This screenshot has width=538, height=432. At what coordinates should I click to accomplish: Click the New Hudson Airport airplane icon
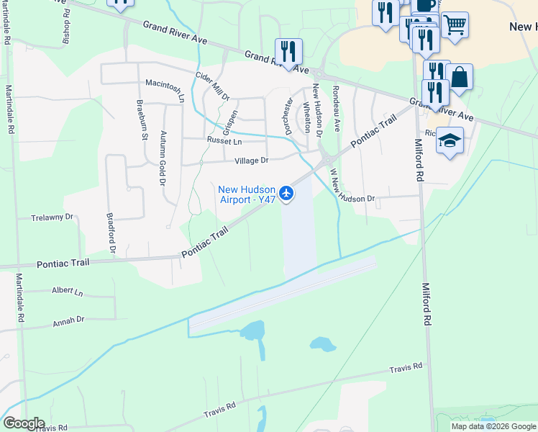click(x=286, y=192)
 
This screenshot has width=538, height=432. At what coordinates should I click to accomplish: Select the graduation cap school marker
click(x=450, y=140)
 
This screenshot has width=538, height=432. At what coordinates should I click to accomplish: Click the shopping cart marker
click(x=455, y=25)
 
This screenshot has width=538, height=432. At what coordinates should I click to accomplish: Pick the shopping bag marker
click(x=459, y=76)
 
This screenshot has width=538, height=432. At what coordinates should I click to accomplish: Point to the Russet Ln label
click(x=223, y=141)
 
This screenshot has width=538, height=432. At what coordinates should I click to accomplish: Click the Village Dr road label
click(x=251, y=161)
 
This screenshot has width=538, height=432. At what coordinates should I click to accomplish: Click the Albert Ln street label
click(x=68, y=292)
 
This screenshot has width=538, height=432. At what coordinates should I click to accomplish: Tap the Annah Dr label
click(x=68, y=320)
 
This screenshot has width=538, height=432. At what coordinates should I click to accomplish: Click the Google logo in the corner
click(x=24, y=423)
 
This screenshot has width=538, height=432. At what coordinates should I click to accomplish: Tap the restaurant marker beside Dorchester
click(x=288, y=51)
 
